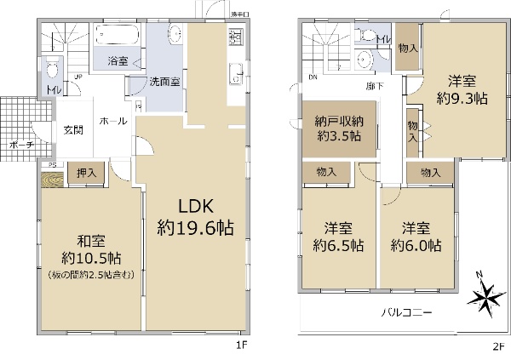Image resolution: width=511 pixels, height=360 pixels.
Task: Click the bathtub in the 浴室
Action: pos(118,37)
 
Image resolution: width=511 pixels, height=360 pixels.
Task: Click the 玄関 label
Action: pos(73,130)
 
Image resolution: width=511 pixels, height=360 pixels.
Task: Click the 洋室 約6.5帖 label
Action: pos(338,237)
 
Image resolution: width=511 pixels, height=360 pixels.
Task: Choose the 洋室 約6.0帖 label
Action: pos(416,237)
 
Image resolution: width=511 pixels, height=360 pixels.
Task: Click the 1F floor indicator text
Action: pos(242,347)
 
